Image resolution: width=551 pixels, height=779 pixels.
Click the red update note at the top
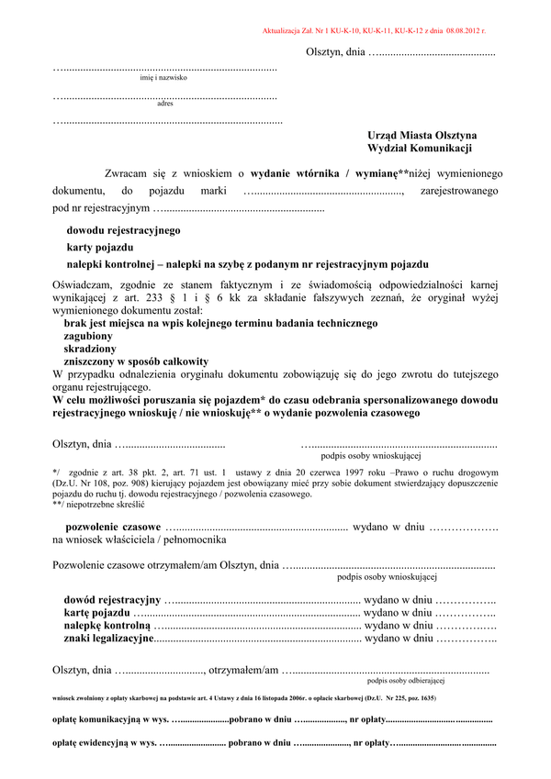click(374, 30)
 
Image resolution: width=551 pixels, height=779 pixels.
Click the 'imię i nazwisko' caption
click(163, 79)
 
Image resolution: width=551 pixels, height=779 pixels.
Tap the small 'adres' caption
click(165, 104)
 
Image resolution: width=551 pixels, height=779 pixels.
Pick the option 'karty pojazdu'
click(100, 248)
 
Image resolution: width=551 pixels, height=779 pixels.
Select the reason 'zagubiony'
click(89, 337)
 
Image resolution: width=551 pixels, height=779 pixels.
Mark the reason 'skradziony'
click(90, 350)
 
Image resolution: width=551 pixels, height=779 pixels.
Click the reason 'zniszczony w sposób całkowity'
click(136, 362)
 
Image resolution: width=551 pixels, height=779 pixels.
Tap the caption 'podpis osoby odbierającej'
click(405, 681)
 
